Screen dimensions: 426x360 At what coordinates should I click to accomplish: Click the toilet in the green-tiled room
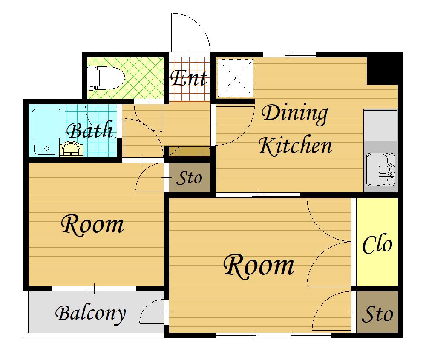[106, 78]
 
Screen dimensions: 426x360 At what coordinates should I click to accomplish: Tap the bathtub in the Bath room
[46, 131]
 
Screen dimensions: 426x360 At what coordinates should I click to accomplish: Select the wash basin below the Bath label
[71, 150]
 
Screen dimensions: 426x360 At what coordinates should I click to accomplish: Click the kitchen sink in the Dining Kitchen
[380, 169]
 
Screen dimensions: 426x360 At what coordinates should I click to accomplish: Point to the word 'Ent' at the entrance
[189, 78]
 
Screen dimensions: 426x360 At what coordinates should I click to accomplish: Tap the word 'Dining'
[295, 114]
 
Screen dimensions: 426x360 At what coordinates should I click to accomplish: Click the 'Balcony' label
[90, 314]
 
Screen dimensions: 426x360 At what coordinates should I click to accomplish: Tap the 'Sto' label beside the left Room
[190, 178]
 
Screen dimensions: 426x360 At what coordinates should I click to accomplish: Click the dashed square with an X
[235, 78]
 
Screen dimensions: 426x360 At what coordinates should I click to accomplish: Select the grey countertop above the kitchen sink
[380, 125]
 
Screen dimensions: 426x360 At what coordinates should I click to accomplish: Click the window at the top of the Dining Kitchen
[289, 54]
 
